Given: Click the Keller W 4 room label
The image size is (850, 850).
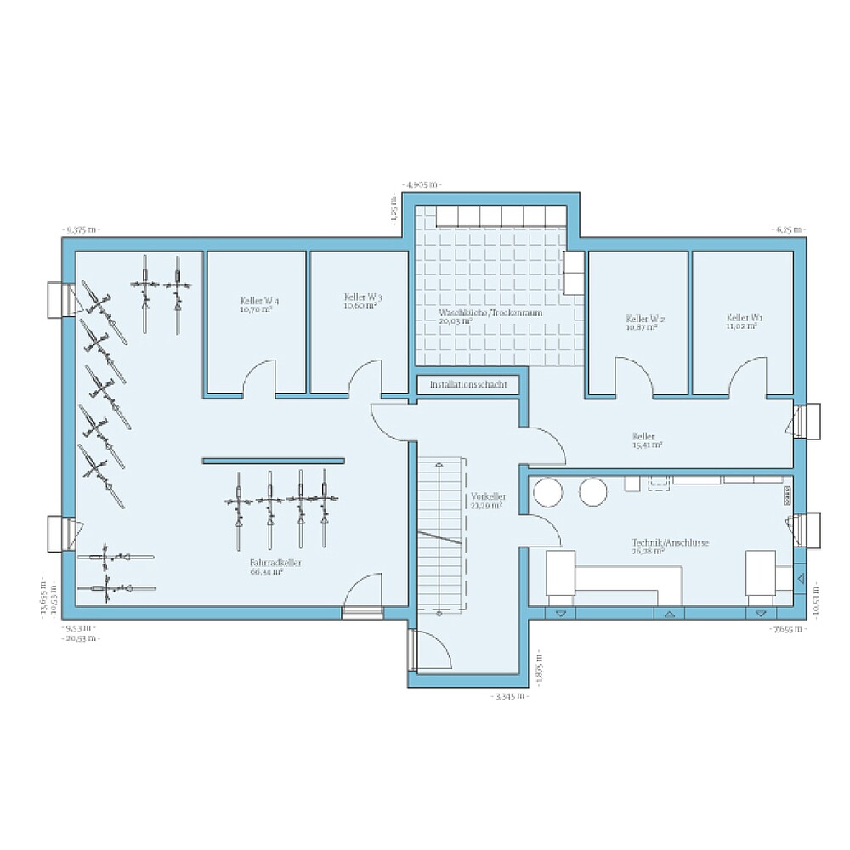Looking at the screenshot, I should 256,301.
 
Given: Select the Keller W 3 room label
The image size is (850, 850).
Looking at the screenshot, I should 363,297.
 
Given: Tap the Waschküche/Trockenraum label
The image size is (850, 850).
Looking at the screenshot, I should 490,313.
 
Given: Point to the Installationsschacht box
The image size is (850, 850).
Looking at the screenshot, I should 468,385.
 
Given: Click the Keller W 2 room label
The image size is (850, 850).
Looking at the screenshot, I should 645,319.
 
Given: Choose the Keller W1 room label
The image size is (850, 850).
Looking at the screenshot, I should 745,317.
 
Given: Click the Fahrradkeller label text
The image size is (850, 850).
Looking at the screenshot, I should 266,563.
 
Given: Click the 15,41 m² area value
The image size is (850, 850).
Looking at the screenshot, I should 648,445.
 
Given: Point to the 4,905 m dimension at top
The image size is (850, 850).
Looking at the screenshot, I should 422,184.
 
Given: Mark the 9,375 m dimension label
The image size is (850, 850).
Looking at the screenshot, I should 81,229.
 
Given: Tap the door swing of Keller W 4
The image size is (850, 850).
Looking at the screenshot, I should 259,378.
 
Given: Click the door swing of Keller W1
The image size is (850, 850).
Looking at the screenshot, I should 748,377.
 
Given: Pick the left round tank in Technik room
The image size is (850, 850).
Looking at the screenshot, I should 547,492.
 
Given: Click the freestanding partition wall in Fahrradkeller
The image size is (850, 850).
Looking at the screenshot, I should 273,461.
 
